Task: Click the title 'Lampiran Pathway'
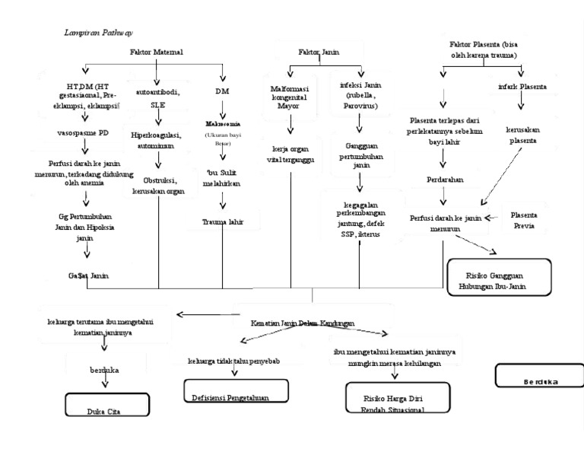97,33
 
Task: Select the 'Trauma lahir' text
223,221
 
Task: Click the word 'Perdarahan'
445,179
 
